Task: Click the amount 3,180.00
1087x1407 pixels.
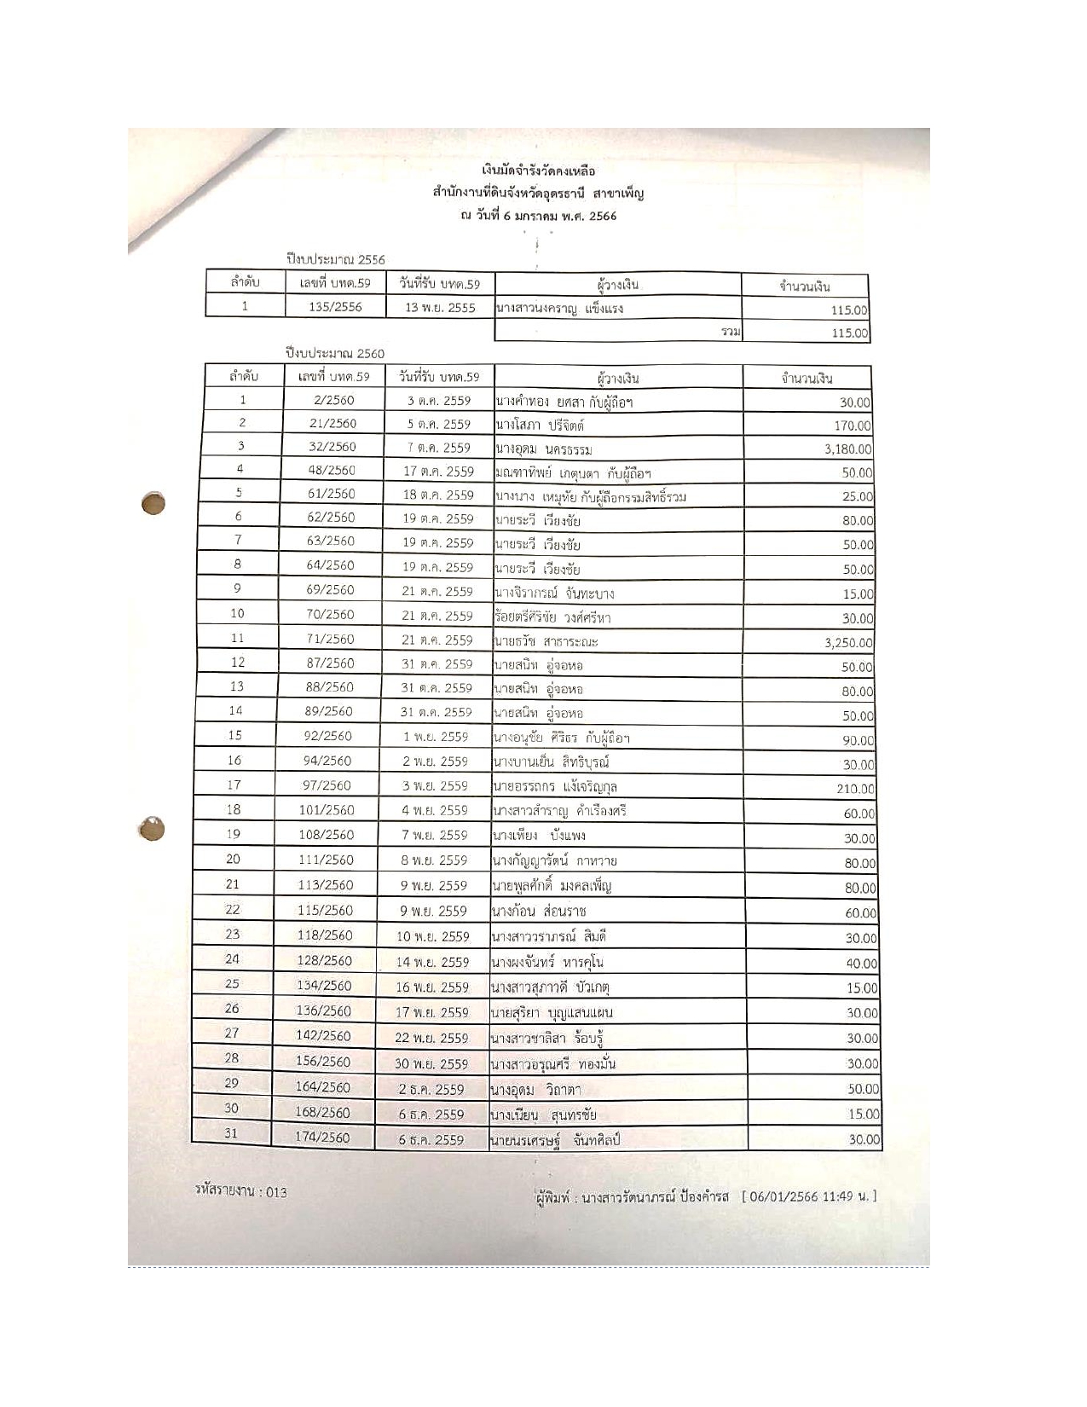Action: [x=847, y=449]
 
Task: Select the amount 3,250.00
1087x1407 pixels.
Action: [x=848, y=644]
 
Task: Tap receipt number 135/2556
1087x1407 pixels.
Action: [x=335, y=307]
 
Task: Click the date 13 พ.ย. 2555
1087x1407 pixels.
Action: [x=440, y=307]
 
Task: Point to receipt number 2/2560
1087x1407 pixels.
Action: [x=333, y=400]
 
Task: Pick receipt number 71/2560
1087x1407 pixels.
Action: [x=331, y=639]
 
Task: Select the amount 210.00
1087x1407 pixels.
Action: [x=854, y=790]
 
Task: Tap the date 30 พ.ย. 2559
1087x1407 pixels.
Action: [x=433, y=1063]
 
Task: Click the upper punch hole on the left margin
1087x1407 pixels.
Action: [x=153, y=504]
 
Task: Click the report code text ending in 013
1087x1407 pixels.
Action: [x=241, y=1192]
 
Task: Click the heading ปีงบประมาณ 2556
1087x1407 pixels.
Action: [x=335, y=259]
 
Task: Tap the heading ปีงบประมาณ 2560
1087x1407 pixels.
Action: [x=335, y=353]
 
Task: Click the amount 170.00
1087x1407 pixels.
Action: [x=853, y=426]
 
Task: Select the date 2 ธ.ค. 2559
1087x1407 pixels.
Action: [x=431, y=1089]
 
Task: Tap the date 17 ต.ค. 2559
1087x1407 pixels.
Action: [x=438, y=471]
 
